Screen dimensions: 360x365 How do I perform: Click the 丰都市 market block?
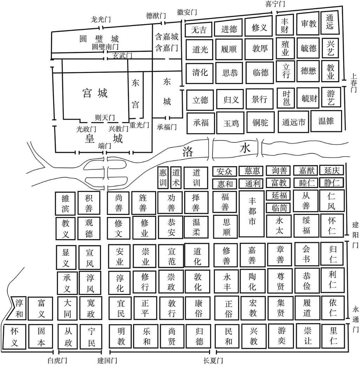click(x=252, y=214)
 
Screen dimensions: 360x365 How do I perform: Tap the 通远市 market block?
click(x=293, y=122)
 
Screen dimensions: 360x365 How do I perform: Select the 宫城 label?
click(x=95, y=93)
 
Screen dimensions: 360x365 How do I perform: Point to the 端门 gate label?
click(x=104, y=146)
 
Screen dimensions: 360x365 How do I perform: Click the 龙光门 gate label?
click(x=100, y=19)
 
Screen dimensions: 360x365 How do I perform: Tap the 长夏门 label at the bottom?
click(x=213, y=360)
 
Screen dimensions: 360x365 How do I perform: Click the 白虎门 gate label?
click(x=57, y=360)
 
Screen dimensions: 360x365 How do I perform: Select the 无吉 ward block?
click(x=198, y=30)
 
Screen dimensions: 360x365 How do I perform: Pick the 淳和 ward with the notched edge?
click(x=18, y=308)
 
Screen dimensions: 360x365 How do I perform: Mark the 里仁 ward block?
click(x=333, y=335)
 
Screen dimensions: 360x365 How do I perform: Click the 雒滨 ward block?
click(x=65, y=203)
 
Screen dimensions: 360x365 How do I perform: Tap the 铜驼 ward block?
click(x=260, y=122)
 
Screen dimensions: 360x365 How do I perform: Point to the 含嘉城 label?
click(x=166, y=37)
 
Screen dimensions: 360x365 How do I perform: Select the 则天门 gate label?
click(x=105, y=117)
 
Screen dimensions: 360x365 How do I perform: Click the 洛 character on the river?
click(x=188, y=152)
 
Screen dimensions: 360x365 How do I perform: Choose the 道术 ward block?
click(x=176, y=178)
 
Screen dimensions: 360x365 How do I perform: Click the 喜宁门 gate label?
click(x=275, y=4)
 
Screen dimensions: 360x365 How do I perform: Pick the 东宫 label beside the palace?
click(x=135, y=94)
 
